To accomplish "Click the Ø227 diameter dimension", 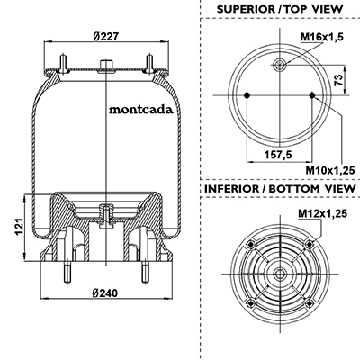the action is (106, 37).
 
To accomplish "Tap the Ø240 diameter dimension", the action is (105, 292).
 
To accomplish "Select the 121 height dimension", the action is (19, 227).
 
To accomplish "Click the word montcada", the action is (141, 110).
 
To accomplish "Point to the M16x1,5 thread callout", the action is (322, 37).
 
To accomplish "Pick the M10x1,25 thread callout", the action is (330, 170).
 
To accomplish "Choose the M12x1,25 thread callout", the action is (323, 213).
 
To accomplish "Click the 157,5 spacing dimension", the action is (278, 155).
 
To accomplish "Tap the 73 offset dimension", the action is (338, 80).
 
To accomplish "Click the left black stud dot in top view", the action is (247, 95).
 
